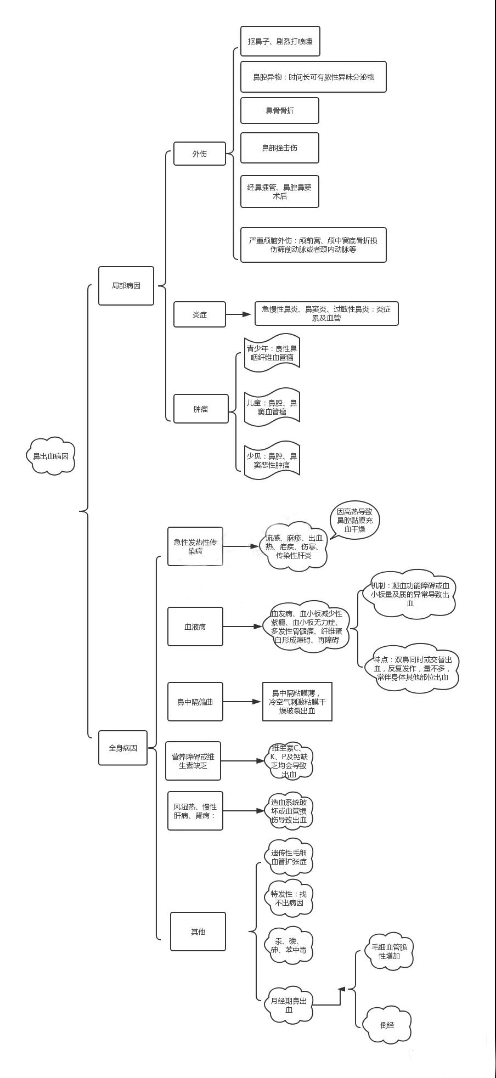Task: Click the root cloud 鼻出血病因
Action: pyautogui.click(x=50, y=456)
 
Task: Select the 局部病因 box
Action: pyautogui.click(x=126, y=286)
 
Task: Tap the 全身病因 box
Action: pyautogui.click(x=123, y=748)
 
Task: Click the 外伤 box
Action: pyautogui.click(x=200, y=154)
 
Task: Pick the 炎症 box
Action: pyautogui.click(x=200, y=314)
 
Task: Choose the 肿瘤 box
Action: pyautogui.click(x=201, y=409)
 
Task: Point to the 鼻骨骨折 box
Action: pyautogui.click(x=279, y=111)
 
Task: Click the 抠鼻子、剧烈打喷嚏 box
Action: pyautogui.click(x=280, y=41)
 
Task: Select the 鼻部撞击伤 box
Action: pyautogui.click(x=279, y=148)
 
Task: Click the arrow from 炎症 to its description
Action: pyautogui.click(x=239, y=314)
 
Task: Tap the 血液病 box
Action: pyautogui.click(x=195, y=627)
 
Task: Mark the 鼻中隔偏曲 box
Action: pyautogui.click(x=195, y=702)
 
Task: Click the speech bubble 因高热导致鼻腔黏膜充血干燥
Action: pyautogui.click(x=354, y=520)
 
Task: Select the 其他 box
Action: pyautogui.click(x=198, y=932)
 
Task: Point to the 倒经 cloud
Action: pyautogui.click(x=388, y=1024)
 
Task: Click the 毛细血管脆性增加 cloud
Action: pyautogui.click(x=389, y=951)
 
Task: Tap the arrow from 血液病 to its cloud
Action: pyautogui.click(x=242, y=627)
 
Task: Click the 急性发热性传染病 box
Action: pyautogui.click(x=195, y=546)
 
